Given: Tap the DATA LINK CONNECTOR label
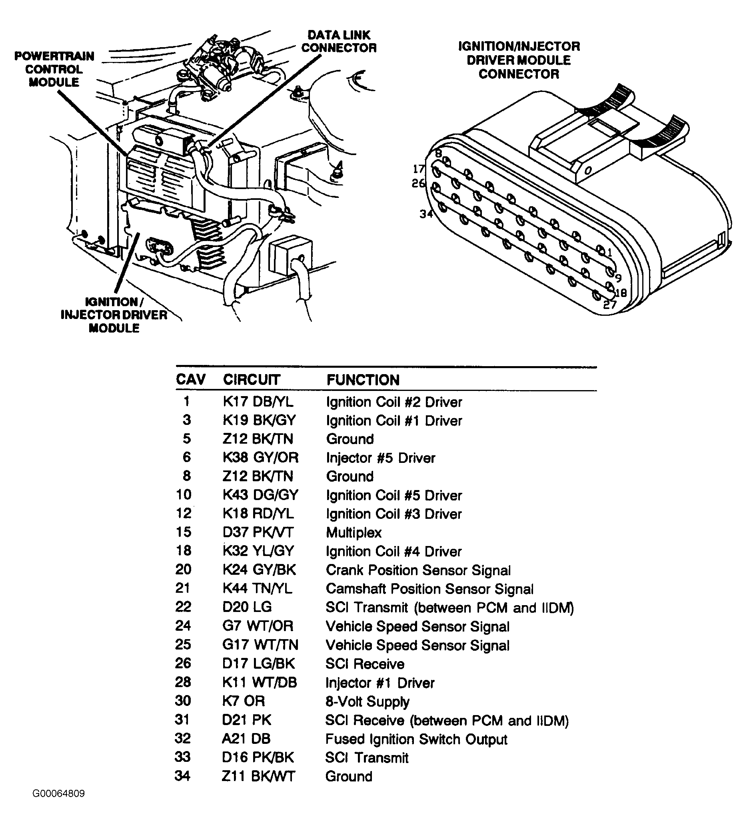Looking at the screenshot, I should (339, 42).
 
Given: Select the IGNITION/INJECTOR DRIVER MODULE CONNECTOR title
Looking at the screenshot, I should (519, 60).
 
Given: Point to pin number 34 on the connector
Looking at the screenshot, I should (426, 214).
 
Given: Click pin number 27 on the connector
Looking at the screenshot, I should (610, 305).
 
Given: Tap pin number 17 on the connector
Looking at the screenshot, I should (419, 169).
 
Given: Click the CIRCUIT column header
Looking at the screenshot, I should (252, 379).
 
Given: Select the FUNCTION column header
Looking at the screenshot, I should (363, 380).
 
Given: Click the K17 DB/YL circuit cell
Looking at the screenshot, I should (258, 402).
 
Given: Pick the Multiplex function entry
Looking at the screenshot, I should (354, 532).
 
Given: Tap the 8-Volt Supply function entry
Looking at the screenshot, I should (368, 701).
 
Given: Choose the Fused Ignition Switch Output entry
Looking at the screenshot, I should (416, 739).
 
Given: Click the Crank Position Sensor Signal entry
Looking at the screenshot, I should (418, 570).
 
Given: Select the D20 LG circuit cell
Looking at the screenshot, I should (247, 607).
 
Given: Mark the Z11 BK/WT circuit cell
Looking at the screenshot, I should (258, 776).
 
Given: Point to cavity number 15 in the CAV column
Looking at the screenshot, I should (184, 532).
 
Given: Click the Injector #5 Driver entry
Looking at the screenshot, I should (380, 458).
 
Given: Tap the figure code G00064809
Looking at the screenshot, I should (59, 805).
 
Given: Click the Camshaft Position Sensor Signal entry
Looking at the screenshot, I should (429, 589).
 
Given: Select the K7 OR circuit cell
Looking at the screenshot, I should (244, 701).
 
